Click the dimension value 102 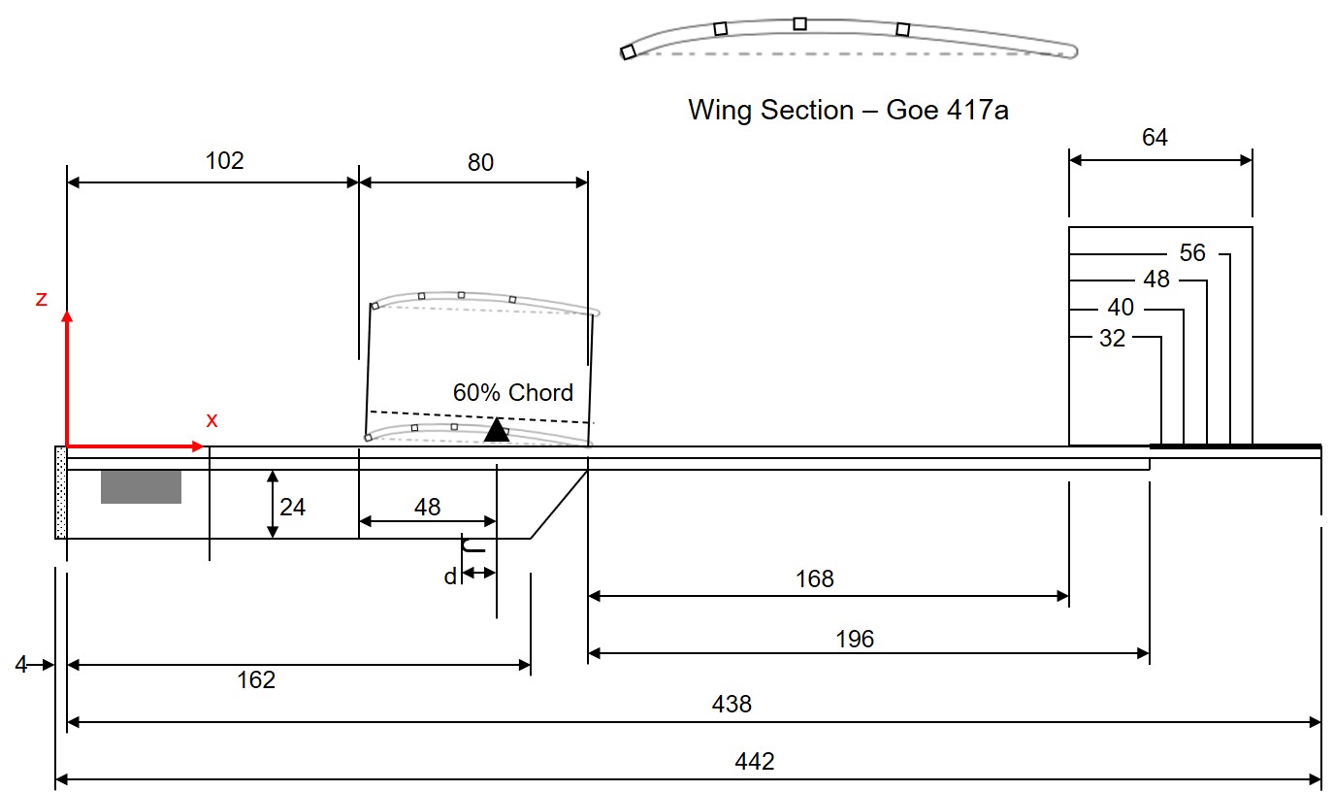pos(225,161)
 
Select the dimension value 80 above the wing pos(480,162)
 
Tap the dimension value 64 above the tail pos(1155,138)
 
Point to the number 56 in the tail pos(1192,253)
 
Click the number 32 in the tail pos(1112,339)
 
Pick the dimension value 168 pos(814,579)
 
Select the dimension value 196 pos(854,639)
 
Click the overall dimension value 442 pos(755,762)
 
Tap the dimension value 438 pos(732,704)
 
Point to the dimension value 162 pos(256,679)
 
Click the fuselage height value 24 pos(293,507)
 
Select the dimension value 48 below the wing pos(427,507)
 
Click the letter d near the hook pos(450,577)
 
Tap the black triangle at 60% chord pos(497,430)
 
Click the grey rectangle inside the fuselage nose pos(141,486)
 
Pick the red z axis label pos(41,299)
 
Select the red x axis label pos(211,420)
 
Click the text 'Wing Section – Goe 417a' pos(848,110)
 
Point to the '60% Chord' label pos(513,393)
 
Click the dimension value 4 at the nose pos(21,665)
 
